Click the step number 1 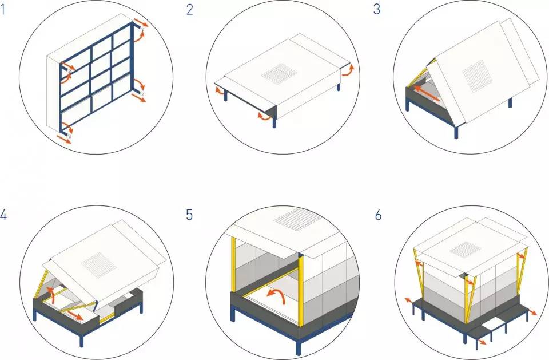coord(2,10)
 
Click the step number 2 coord(189,10)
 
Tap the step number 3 coord(377,10)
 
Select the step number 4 coord(3,215)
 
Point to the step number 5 coord(189,215)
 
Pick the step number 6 coord(378,215)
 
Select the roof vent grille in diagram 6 coord(465,249)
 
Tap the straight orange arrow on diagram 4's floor coord(75,314)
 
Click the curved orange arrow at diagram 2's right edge coord(348,70)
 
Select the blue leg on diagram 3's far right coord(510,102)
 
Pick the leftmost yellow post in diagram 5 coord(233,264)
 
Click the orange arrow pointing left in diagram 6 coord(408,300)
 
